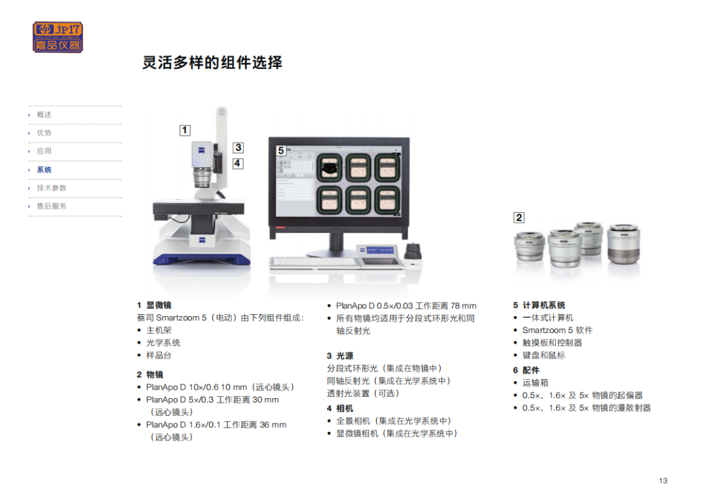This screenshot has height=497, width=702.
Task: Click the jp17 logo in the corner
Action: [x=58, y=37]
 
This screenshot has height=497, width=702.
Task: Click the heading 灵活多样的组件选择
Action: [x=212, y=62]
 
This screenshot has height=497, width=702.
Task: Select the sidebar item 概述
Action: [x=44, y=114]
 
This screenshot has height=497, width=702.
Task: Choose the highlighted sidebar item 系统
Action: [x=44, y=170]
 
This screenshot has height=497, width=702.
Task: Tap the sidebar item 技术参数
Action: [x=51, y=188]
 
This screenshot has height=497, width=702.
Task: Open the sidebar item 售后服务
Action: [x=51, y=206]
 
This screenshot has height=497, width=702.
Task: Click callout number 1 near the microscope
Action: [x=185, y=130]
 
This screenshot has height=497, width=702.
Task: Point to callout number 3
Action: [x=238, y=148]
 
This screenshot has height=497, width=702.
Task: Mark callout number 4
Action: [x=238, y=163]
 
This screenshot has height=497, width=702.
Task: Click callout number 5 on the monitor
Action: [x=281, y=150]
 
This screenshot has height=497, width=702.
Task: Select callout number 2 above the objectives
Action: [x=519, y=218]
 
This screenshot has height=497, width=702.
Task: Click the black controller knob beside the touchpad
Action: [x=413, y=252]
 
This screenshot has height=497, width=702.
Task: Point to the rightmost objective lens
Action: [x=623, y=244]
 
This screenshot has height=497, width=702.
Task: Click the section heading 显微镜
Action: [x=159, y=305]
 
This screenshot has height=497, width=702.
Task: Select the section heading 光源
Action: [x=344, y=356]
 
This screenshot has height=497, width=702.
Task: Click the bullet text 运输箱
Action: [x=535, y=383]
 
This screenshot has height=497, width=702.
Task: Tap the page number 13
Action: [x=663, y=481]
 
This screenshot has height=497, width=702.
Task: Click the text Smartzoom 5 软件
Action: [x=558, y=330]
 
